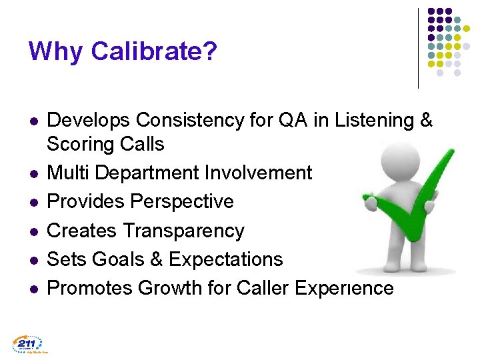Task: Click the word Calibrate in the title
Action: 154,51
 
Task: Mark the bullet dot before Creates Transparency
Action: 33,231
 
